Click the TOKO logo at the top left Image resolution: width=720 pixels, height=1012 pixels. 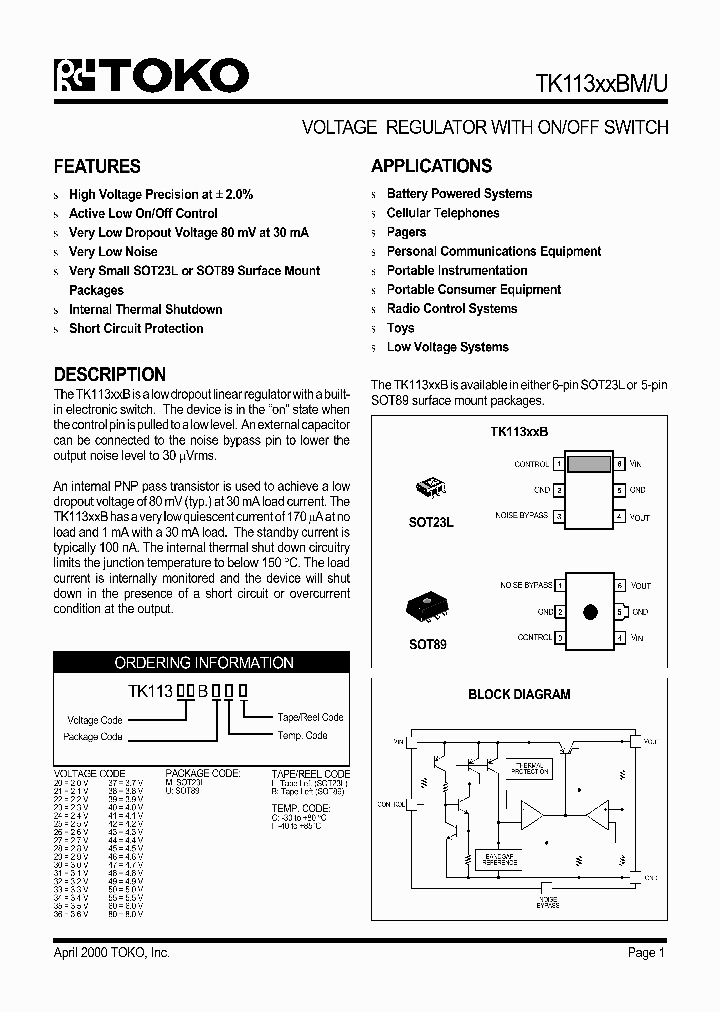tap(151, 76)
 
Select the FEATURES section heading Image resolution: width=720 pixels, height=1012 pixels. tap(97, 167)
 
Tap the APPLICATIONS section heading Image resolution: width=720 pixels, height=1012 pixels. tap(431, 166)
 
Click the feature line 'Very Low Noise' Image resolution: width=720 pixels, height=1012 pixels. tap(113, 252)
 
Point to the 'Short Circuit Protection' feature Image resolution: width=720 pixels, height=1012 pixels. tap(136, 328)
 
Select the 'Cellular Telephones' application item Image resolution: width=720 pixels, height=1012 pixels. tap(443, 213)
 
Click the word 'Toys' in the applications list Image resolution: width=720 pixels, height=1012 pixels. tap(400, 328)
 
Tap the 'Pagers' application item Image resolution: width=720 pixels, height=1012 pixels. tap(406, 232)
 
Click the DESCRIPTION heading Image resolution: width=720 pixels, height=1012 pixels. tap(110, 374)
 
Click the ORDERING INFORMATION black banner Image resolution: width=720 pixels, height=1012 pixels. tap(204, 663)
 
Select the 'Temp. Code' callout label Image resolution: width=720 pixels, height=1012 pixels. tap(302, 735)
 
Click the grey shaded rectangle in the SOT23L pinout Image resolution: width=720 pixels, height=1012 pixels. tap(589, 464)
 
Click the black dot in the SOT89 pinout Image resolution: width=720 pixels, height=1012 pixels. tap(590, 611)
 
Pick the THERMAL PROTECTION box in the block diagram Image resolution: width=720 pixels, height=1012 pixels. tap(530, 768)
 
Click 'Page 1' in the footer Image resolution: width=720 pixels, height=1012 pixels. tap(646, 953)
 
